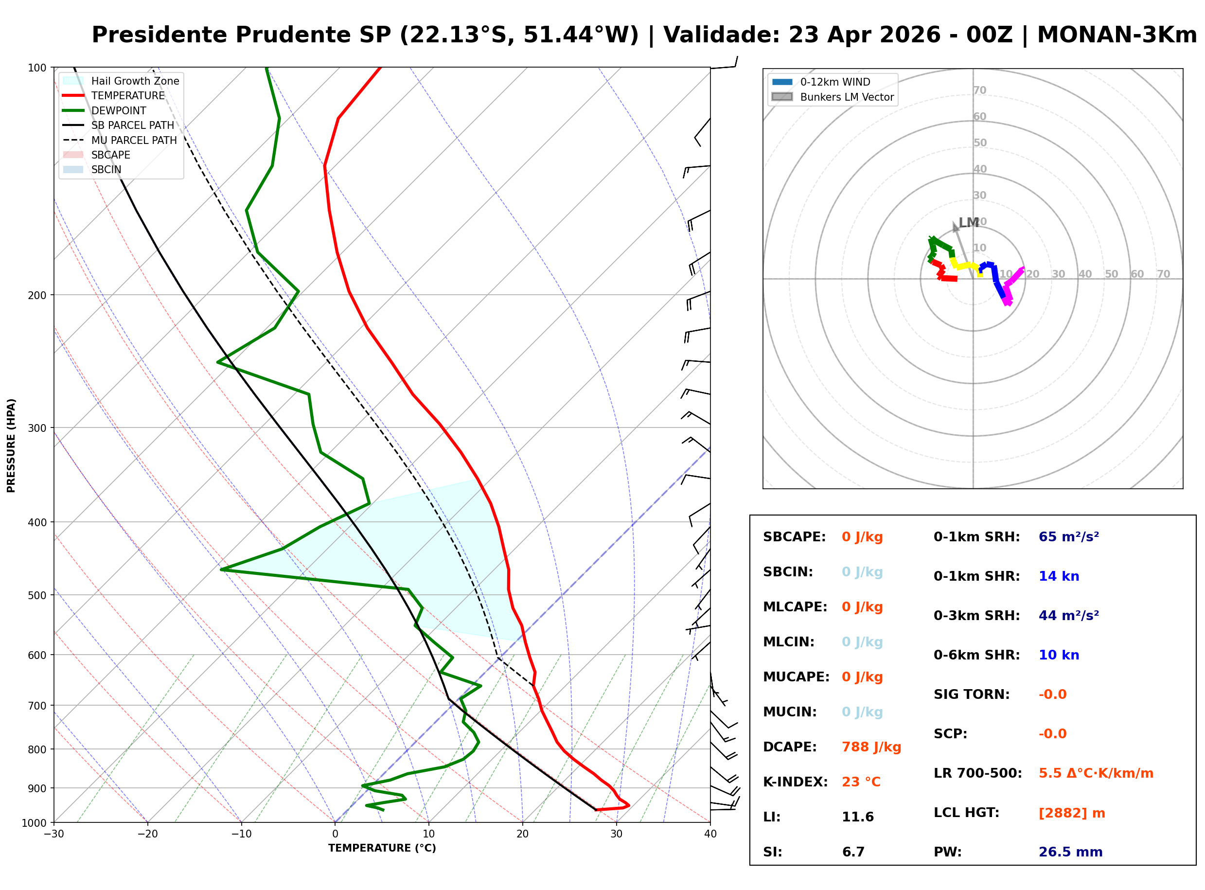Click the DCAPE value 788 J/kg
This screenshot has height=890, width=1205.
click(x=871, y=747)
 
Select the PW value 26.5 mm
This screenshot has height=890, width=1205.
click(x=1070, y=852)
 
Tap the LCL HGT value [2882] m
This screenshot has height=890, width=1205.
click(x=1071, y=813)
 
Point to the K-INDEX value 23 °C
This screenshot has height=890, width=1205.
click(x=861, y=782)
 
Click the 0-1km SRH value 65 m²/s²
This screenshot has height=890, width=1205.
click(x=1068, y=537)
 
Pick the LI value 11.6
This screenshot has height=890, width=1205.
click(x=858, y=817)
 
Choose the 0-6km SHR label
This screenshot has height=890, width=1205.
click(x=976, y=655)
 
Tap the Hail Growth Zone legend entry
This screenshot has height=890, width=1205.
click(x=135, y=81)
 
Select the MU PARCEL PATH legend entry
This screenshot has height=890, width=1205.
click(x=134, y=140)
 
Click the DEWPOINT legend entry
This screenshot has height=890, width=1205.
click(x=119, y=110)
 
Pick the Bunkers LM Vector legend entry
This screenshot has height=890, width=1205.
click(x=846, y=97)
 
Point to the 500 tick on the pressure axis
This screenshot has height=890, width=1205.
click(x=36, y=595)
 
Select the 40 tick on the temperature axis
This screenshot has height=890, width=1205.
click(x=710, y=834)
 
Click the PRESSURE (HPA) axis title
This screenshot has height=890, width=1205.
click(x=11, y=445)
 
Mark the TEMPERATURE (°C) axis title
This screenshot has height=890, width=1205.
click(x=382, y=848)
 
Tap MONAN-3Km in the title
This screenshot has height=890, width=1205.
click(x=1116, y=35)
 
